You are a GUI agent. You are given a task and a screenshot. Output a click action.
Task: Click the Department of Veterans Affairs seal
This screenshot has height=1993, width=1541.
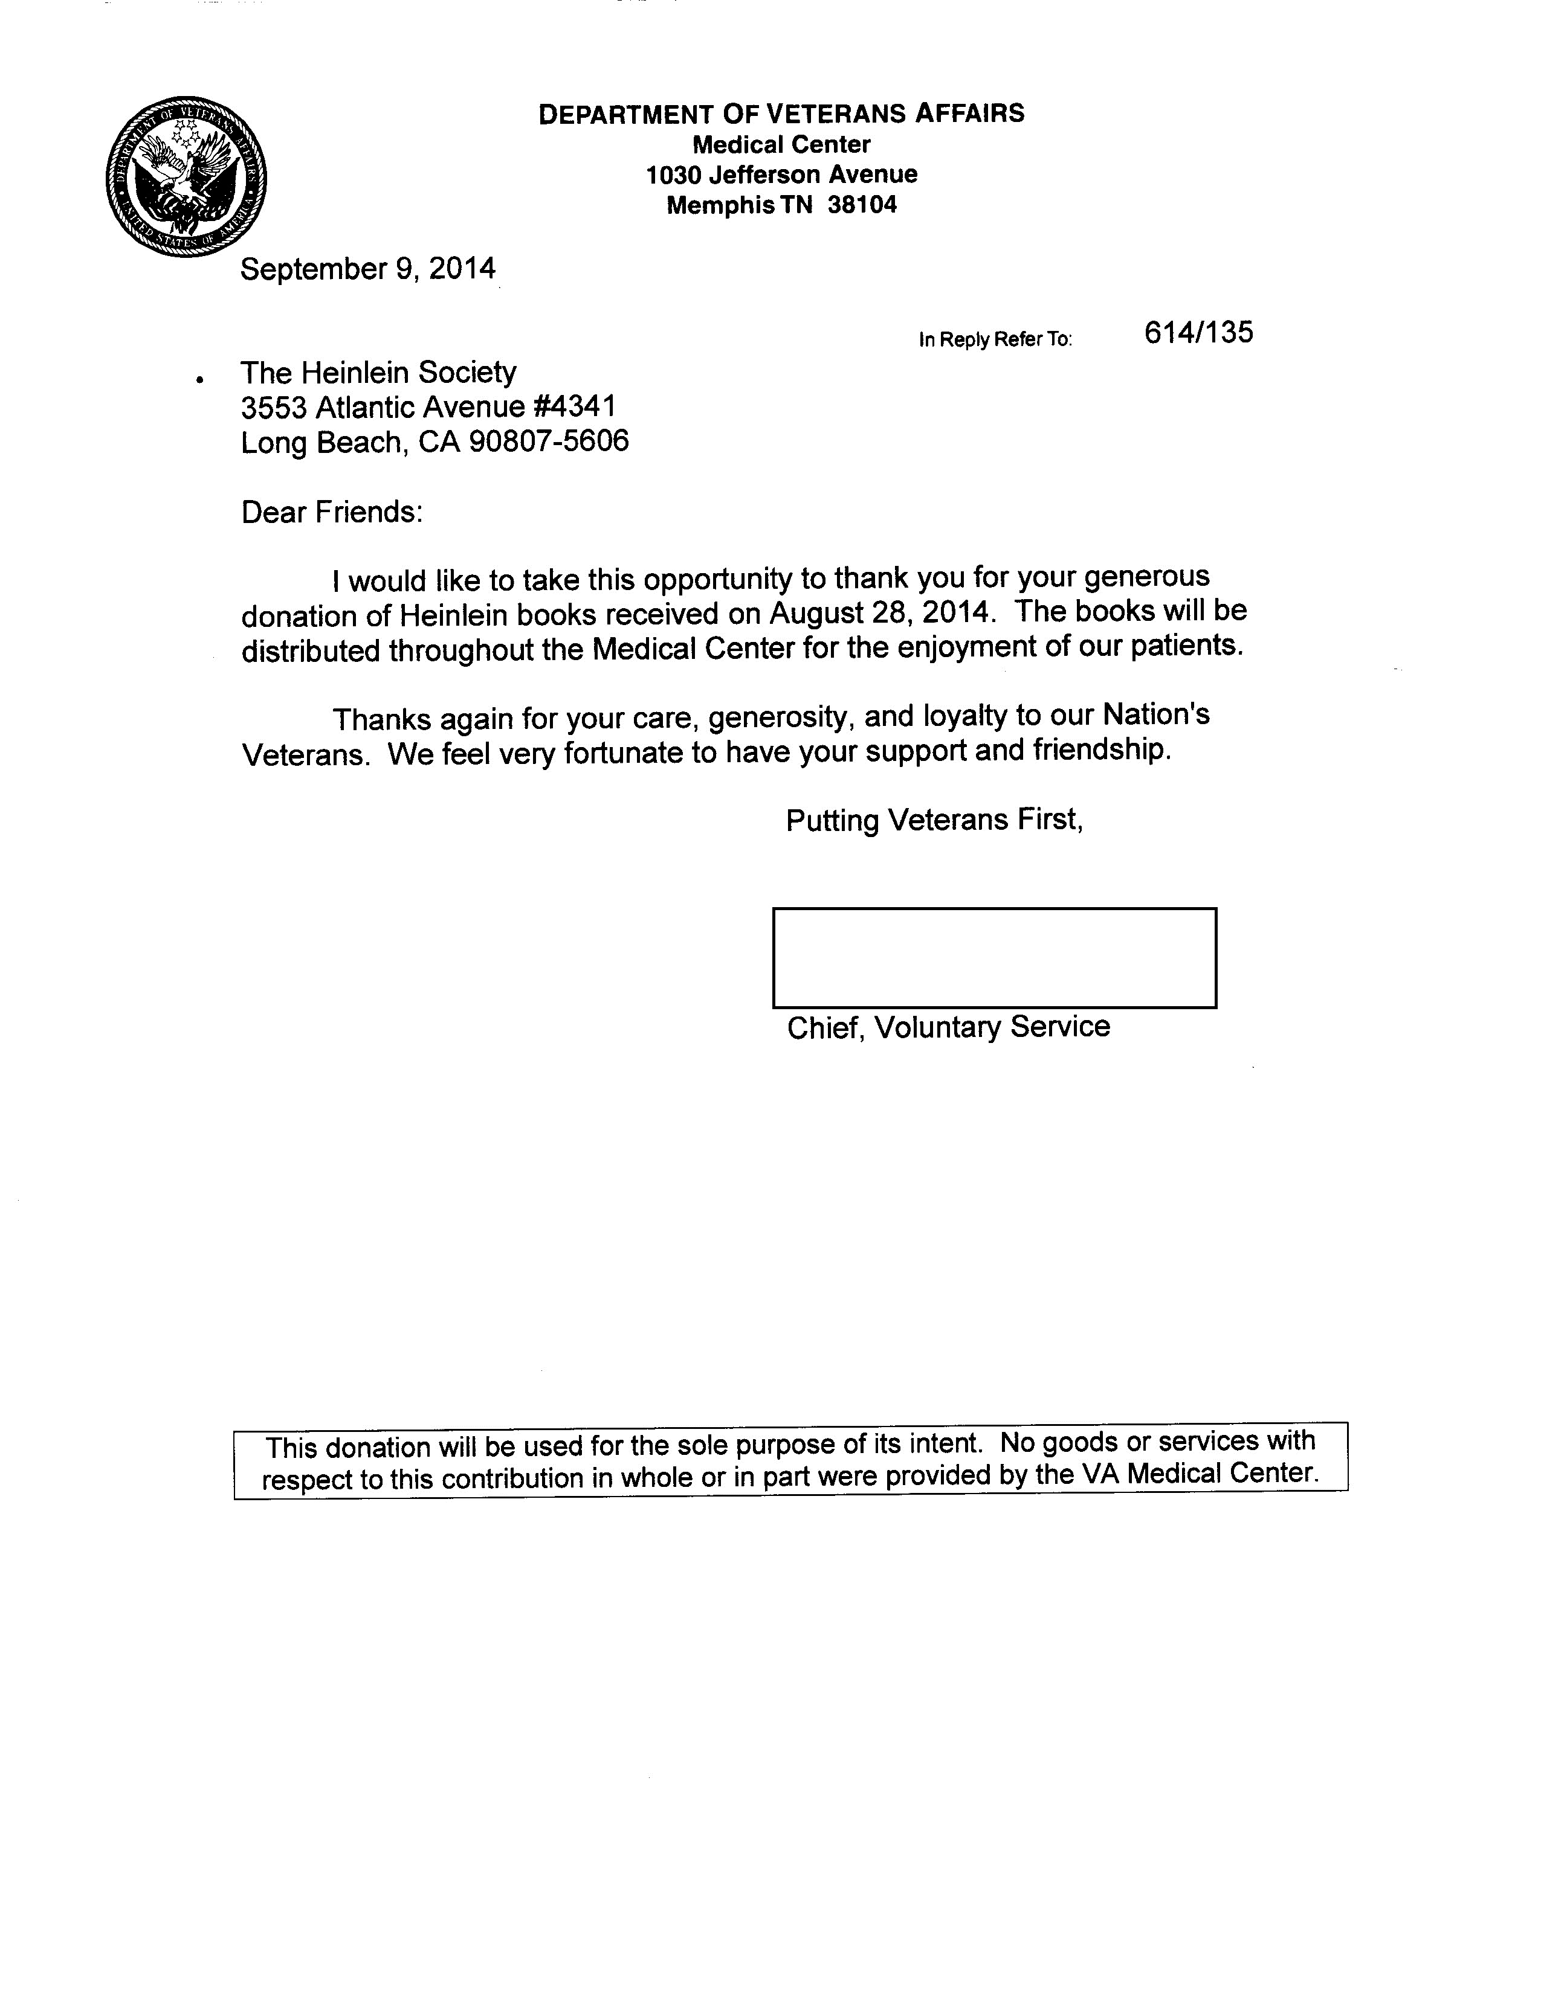point(186,175)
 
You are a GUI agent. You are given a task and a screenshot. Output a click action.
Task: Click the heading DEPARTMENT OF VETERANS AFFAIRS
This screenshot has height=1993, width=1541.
point(781,114)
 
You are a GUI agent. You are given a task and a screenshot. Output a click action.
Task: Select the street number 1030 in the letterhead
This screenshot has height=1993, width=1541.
point(674,175)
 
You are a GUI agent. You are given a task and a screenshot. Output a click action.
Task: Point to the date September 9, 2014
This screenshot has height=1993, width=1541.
point(368,269)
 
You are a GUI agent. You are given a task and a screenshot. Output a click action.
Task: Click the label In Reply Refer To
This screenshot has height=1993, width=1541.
point(995,339)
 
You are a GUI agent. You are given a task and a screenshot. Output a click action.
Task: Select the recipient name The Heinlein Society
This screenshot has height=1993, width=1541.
point(378,372)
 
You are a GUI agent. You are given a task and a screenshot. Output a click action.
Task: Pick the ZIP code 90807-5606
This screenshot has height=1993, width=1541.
point(549,443)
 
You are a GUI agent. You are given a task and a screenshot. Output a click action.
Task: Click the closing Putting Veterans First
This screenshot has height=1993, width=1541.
point(934,820)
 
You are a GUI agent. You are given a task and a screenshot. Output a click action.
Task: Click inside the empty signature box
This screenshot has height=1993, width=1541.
point(994,957)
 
